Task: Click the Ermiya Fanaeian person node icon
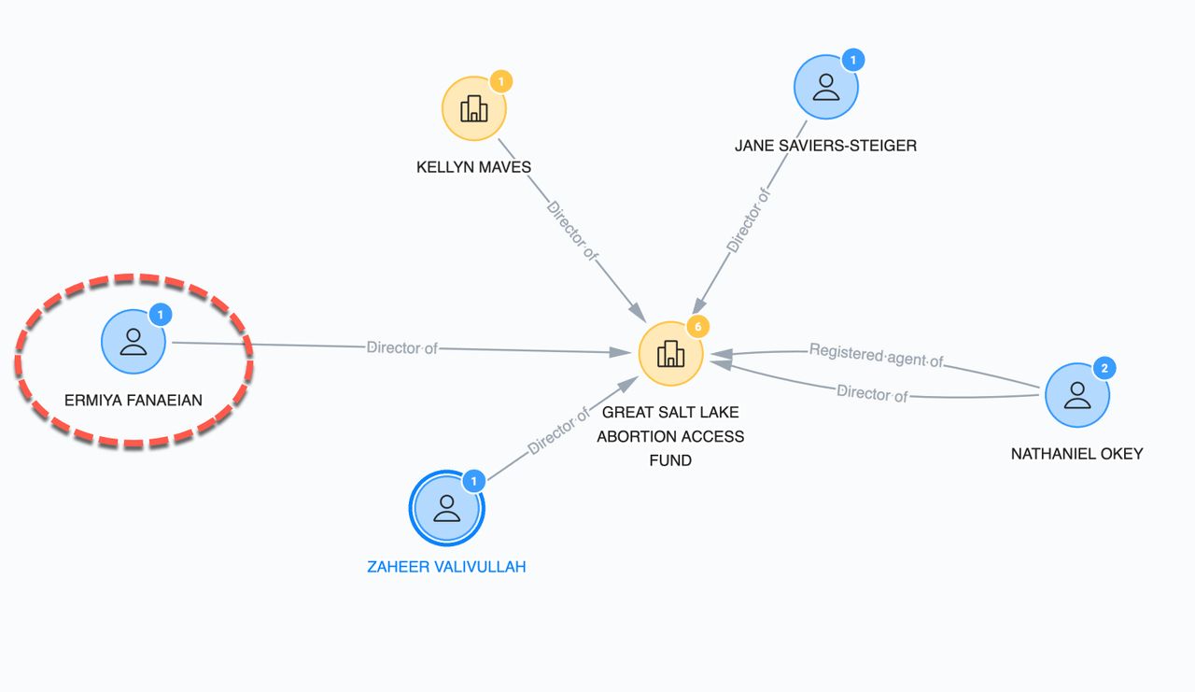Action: (134, 341)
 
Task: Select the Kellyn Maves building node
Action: (474, 108)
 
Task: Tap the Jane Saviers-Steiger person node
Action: (825, 87)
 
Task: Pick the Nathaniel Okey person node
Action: (1076, 394)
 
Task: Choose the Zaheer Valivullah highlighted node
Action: (447, 508)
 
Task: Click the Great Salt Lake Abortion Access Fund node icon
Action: (670, 354)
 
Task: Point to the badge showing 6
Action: (697, 327)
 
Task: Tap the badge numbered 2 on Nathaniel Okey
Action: (1104, 368)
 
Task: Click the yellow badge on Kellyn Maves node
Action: (501, 82)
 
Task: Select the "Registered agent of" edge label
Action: (876, 354)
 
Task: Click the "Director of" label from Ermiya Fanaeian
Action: (401, 348)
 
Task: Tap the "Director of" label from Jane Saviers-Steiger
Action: (749, 220)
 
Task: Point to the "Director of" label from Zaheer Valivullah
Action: (558, 431)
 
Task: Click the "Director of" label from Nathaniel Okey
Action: (872, 394)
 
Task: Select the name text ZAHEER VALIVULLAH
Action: (446, 567)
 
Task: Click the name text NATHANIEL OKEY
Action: (1076, 454)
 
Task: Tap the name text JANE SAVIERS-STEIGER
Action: (825, 146)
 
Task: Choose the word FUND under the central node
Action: (670, 460)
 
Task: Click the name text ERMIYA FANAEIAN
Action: (134, 401)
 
